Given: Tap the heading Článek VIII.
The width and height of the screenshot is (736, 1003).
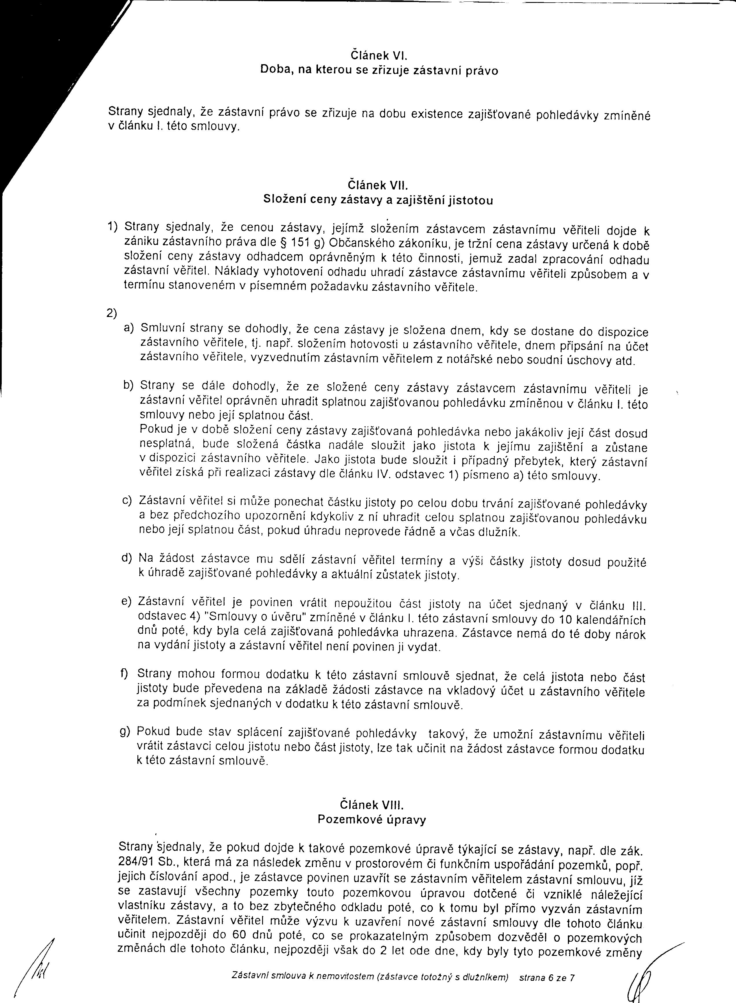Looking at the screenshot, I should click(371, 805).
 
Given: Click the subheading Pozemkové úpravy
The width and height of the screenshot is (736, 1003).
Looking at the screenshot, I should click(371, 820).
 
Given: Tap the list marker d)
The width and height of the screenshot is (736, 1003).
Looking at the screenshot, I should click(127, 558).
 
